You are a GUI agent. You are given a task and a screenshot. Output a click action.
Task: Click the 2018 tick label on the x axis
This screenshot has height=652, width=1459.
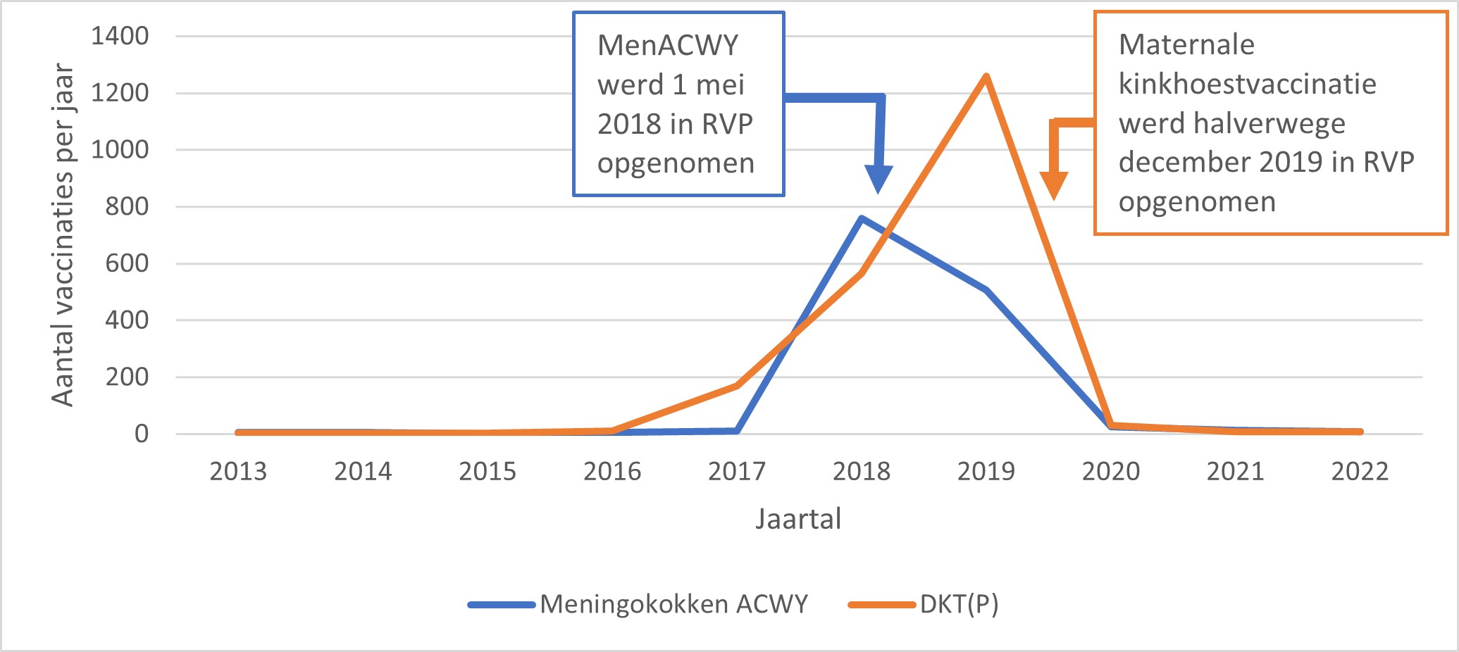point(861,471)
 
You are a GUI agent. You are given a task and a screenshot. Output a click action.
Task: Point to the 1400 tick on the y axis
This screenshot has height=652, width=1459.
point(120,36)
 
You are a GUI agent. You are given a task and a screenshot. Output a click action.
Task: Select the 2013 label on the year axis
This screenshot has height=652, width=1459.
point(238,471)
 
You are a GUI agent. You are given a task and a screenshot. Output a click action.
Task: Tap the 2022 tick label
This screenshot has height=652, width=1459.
point(1360,471)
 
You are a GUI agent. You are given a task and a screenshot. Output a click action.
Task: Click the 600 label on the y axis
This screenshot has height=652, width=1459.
point(127,263)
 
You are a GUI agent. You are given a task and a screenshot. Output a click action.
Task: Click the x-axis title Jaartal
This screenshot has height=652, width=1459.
point(798,520)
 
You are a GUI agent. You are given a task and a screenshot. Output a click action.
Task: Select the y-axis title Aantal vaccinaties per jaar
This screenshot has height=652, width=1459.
point(63,235)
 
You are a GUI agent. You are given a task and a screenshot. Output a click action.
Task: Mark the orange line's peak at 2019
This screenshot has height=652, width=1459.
point(986,76)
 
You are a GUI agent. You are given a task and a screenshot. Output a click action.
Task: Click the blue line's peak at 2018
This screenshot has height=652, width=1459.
point(862,218)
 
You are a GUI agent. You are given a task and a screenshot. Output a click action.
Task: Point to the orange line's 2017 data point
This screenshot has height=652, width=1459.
point(737,385)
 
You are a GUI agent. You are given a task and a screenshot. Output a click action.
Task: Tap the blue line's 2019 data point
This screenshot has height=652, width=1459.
point(986,290)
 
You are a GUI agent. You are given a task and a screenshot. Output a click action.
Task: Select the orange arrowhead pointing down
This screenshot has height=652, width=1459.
point(1053,186)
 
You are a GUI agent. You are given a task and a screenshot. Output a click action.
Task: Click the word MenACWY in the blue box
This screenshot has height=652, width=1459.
point(667,46)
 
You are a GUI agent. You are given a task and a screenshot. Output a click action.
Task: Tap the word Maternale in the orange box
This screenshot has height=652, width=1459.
point(1186,45)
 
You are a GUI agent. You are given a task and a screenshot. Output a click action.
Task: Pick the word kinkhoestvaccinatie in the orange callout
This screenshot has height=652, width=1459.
point(1247,84)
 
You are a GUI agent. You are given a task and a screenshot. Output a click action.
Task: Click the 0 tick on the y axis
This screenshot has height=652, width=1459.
point(142,434)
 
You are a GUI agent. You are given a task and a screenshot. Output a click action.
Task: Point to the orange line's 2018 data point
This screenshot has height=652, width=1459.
point(862,272)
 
